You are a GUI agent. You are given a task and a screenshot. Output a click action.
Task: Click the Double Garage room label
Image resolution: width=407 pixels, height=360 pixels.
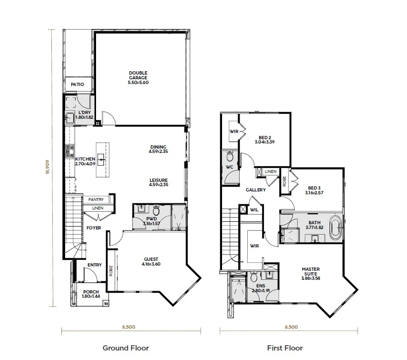click(138, 75)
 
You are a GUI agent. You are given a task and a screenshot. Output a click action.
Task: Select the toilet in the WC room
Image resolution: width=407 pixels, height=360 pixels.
click(230, 156)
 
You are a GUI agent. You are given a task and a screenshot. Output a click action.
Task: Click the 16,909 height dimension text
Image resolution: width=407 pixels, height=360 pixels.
click(47, 167)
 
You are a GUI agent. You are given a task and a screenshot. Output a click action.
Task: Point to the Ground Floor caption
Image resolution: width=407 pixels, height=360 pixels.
click(126, 348)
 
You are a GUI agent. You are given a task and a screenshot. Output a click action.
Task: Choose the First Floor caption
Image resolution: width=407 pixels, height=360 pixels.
click(285, 348)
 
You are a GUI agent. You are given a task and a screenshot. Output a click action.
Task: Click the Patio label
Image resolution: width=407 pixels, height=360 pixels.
click(78, 84)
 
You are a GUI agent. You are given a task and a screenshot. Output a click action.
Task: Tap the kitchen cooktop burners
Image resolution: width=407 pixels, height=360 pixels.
click(69, 152)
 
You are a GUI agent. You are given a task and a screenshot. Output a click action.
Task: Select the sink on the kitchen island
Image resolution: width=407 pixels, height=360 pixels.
click(101, 160)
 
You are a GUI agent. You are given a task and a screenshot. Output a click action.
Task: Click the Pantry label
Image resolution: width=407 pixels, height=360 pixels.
click(96, 199)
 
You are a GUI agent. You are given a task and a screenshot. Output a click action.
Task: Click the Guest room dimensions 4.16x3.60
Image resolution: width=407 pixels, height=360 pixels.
click(151, 264)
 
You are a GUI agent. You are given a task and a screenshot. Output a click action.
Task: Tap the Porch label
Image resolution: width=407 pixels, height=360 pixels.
click(91, 292)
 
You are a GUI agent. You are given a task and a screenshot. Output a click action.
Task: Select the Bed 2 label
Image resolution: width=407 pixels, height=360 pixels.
click(265, 137)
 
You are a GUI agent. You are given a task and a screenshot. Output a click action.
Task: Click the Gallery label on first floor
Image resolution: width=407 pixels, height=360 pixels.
click(256, 190)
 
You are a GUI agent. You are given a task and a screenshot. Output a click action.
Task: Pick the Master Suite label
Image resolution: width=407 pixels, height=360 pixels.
click(310, 271)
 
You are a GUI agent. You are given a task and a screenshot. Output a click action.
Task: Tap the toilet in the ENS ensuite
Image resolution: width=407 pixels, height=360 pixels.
click(253, 277)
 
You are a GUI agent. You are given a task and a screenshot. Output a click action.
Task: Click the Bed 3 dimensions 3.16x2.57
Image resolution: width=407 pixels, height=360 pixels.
click(314, 193)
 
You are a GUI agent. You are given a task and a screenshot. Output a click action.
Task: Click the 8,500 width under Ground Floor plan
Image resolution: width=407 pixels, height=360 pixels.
click(129, 327)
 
